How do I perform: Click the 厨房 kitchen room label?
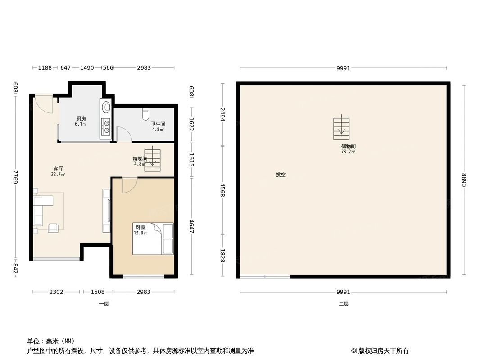[81, 118]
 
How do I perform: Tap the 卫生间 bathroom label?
[158, 124]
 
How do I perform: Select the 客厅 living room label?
[58, 169]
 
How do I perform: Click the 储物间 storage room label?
[348, 146]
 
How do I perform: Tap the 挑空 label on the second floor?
[281, 175]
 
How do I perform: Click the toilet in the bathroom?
[145, 115]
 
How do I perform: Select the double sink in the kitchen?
[107, 126]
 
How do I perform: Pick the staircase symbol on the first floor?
[152, 157]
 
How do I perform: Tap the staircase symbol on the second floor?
[341, 129]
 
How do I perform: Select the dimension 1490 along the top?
[87, 68]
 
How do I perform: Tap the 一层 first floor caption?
[104, 304]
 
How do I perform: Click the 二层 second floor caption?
[344, 304]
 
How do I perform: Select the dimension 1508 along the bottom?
[97, 292]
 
